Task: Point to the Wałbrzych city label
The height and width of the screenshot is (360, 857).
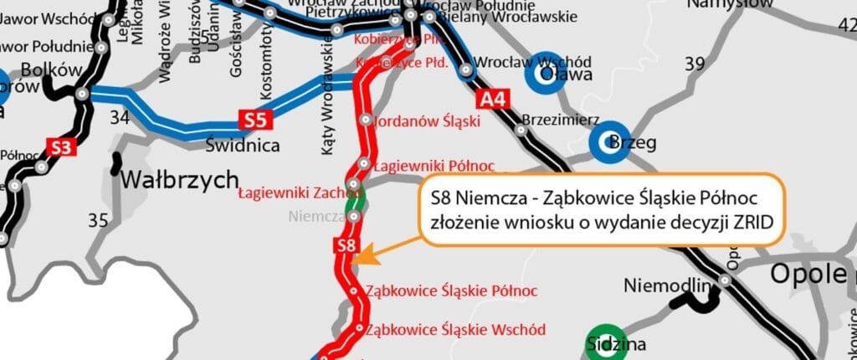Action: click(168, 180)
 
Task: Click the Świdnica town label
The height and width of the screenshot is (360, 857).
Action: click(242, 146)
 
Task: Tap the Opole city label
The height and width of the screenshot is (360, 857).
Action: click(808, 273)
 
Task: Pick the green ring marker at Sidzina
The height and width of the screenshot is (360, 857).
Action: click(604, 342)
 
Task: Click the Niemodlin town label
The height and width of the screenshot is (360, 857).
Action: click(663, 285)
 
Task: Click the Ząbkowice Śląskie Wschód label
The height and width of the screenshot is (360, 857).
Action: click(455, 329)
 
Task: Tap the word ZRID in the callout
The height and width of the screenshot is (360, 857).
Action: click(748, 224)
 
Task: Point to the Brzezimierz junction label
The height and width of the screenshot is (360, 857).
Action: click(557, 119)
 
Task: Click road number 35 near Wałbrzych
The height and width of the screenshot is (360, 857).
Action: click(98, 220)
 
